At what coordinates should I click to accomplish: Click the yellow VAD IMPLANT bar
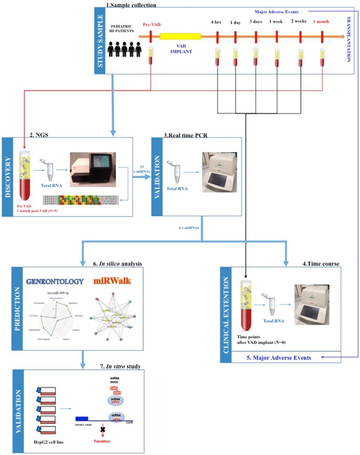coord(180,37)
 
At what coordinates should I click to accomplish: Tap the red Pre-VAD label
coord(152,24)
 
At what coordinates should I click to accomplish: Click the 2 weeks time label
coord(299,22)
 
